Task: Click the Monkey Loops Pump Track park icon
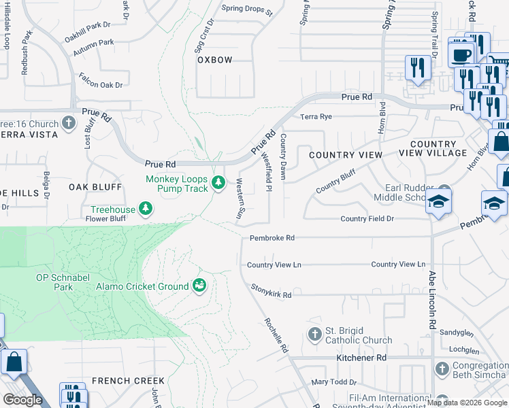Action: coord(218,183)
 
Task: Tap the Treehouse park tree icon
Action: coord(145,208)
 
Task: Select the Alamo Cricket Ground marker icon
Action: coord(199,286)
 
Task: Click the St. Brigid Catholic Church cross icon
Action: coord(314,334)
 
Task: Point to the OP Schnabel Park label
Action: coord(64,282)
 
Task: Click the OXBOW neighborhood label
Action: coord(215,60)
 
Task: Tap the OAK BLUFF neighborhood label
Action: coord(94,187)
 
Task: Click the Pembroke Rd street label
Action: coord(272,238)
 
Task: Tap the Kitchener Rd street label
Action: coord(361,358)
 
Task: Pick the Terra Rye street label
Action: coord(316,117)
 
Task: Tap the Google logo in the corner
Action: coord(22,400)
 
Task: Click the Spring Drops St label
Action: coord(247,12)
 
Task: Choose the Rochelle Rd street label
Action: coord(275,335)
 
